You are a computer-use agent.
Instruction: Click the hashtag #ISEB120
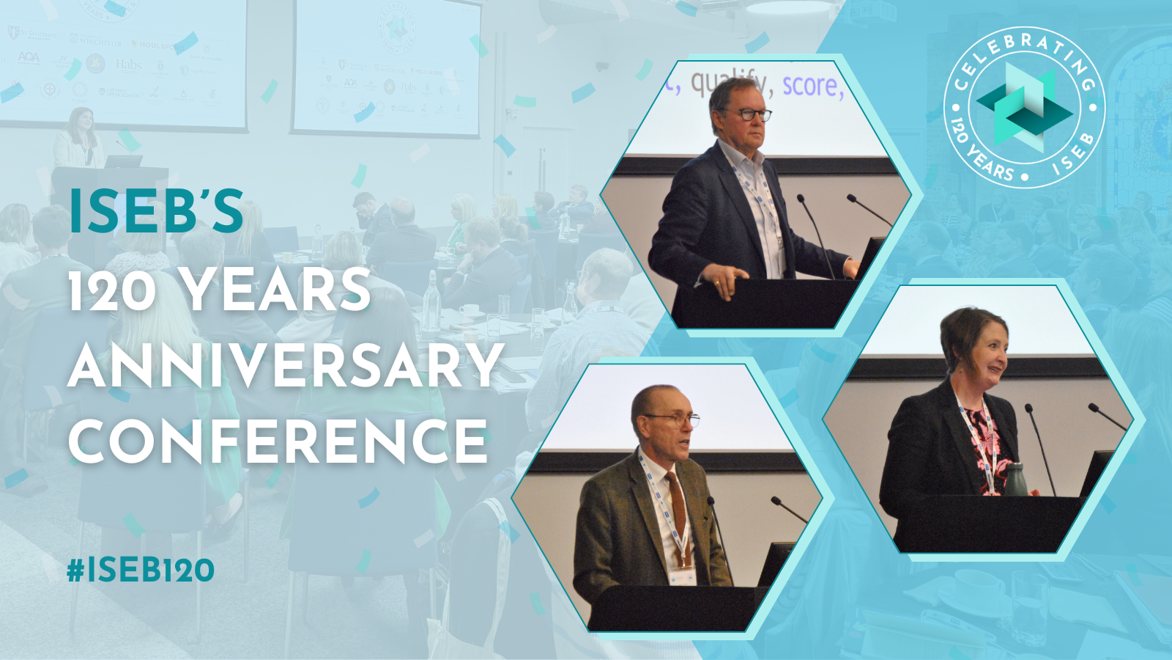tap(141, 571)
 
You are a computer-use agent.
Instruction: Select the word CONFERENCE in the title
tap(278, 441)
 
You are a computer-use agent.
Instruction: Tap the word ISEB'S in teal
tap(156, 211)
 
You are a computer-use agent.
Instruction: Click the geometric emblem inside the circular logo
tap(1025, 106)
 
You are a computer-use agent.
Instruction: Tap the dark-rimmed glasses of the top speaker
tap(749, 115)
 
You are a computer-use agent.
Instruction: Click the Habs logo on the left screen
tap(127, 65)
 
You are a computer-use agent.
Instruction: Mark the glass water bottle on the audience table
tap(431, 301)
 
